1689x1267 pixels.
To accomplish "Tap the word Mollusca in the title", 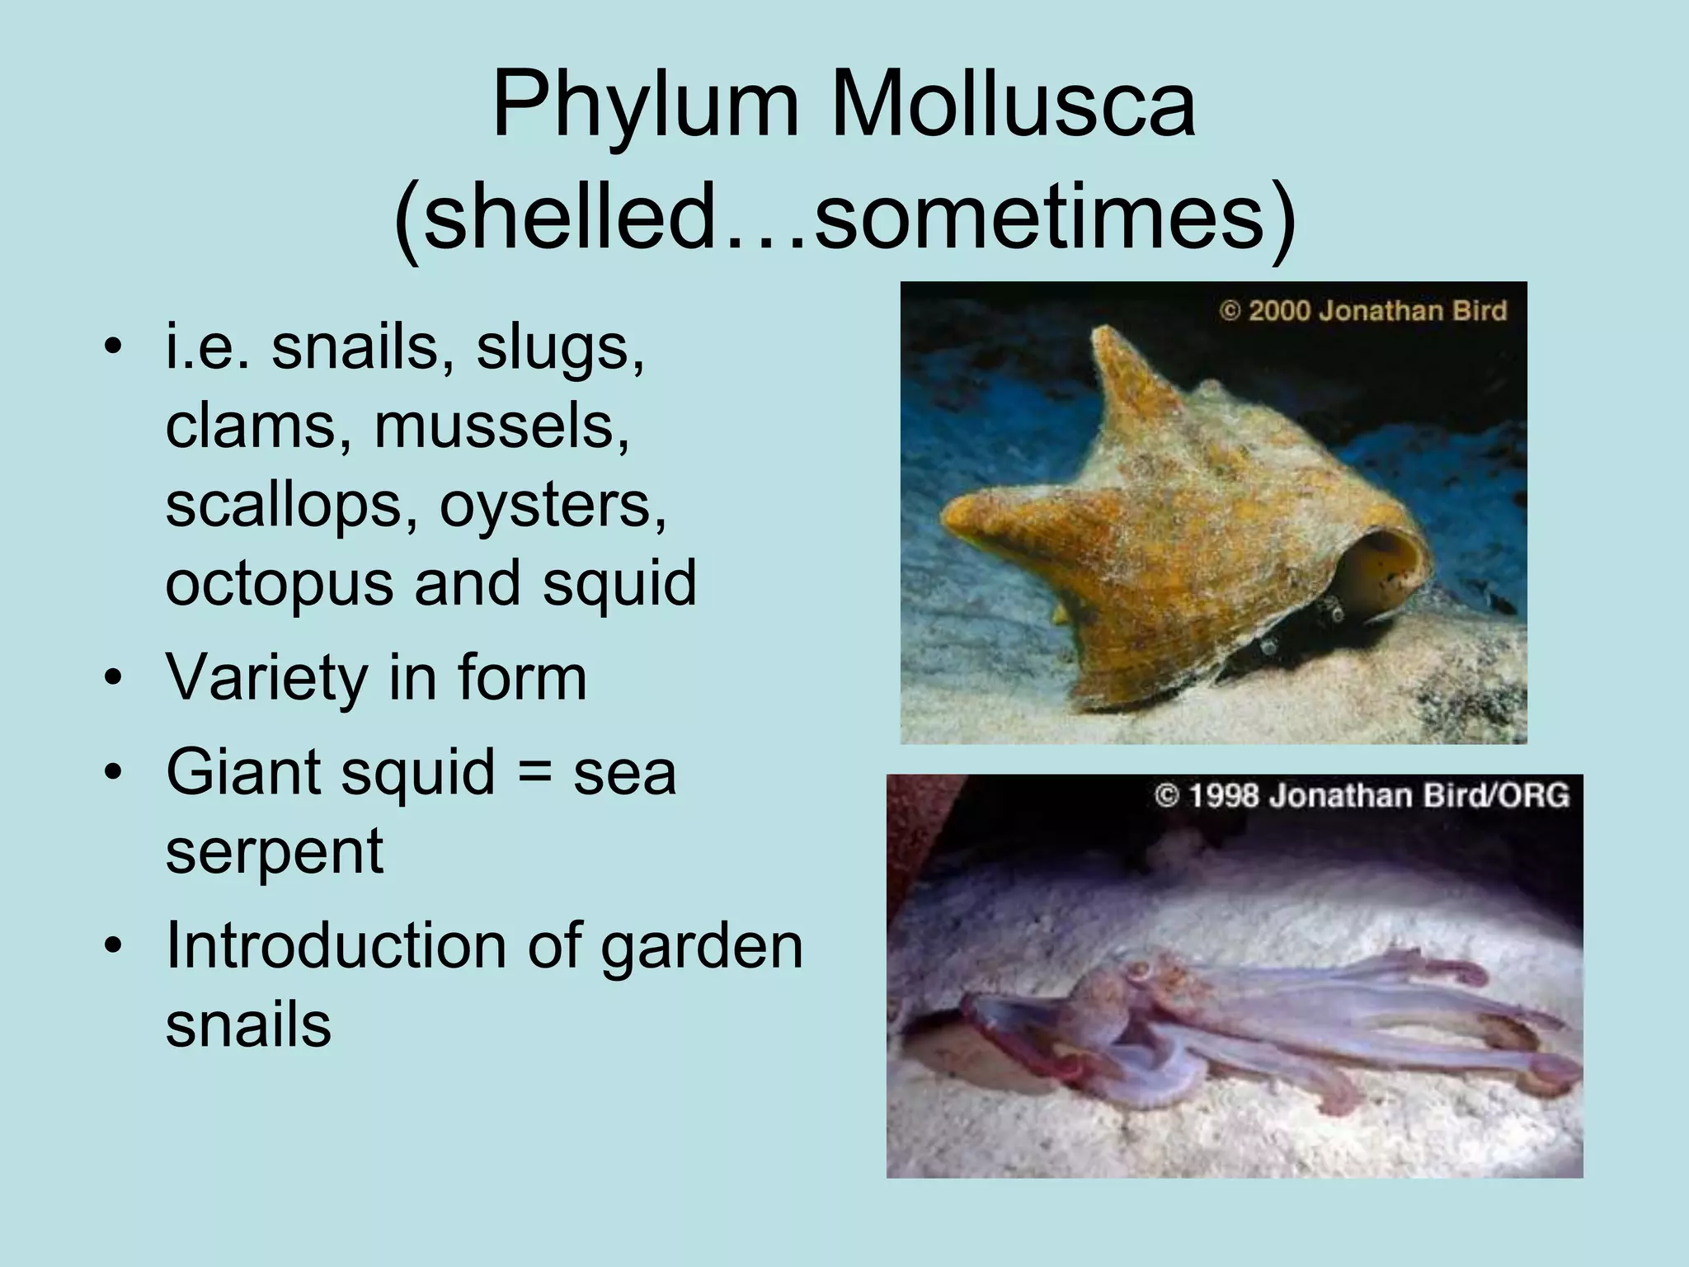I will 1012,106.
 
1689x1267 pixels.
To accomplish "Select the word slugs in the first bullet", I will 560,349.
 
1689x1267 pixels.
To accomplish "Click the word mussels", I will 501,427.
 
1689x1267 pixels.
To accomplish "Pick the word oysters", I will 553,505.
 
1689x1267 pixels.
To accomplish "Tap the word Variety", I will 266,678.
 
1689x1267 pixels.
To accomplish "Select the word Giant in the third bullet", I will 241,772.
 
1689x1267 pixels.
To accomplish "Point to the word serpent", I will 275,851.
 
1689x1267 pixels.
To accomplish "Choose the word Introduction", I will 335,945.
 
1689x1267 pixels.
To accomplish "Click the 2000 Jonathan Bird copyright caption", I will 1363,311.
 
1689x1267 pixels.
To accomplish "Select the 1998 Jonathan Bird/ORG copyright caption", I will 1362,795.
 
